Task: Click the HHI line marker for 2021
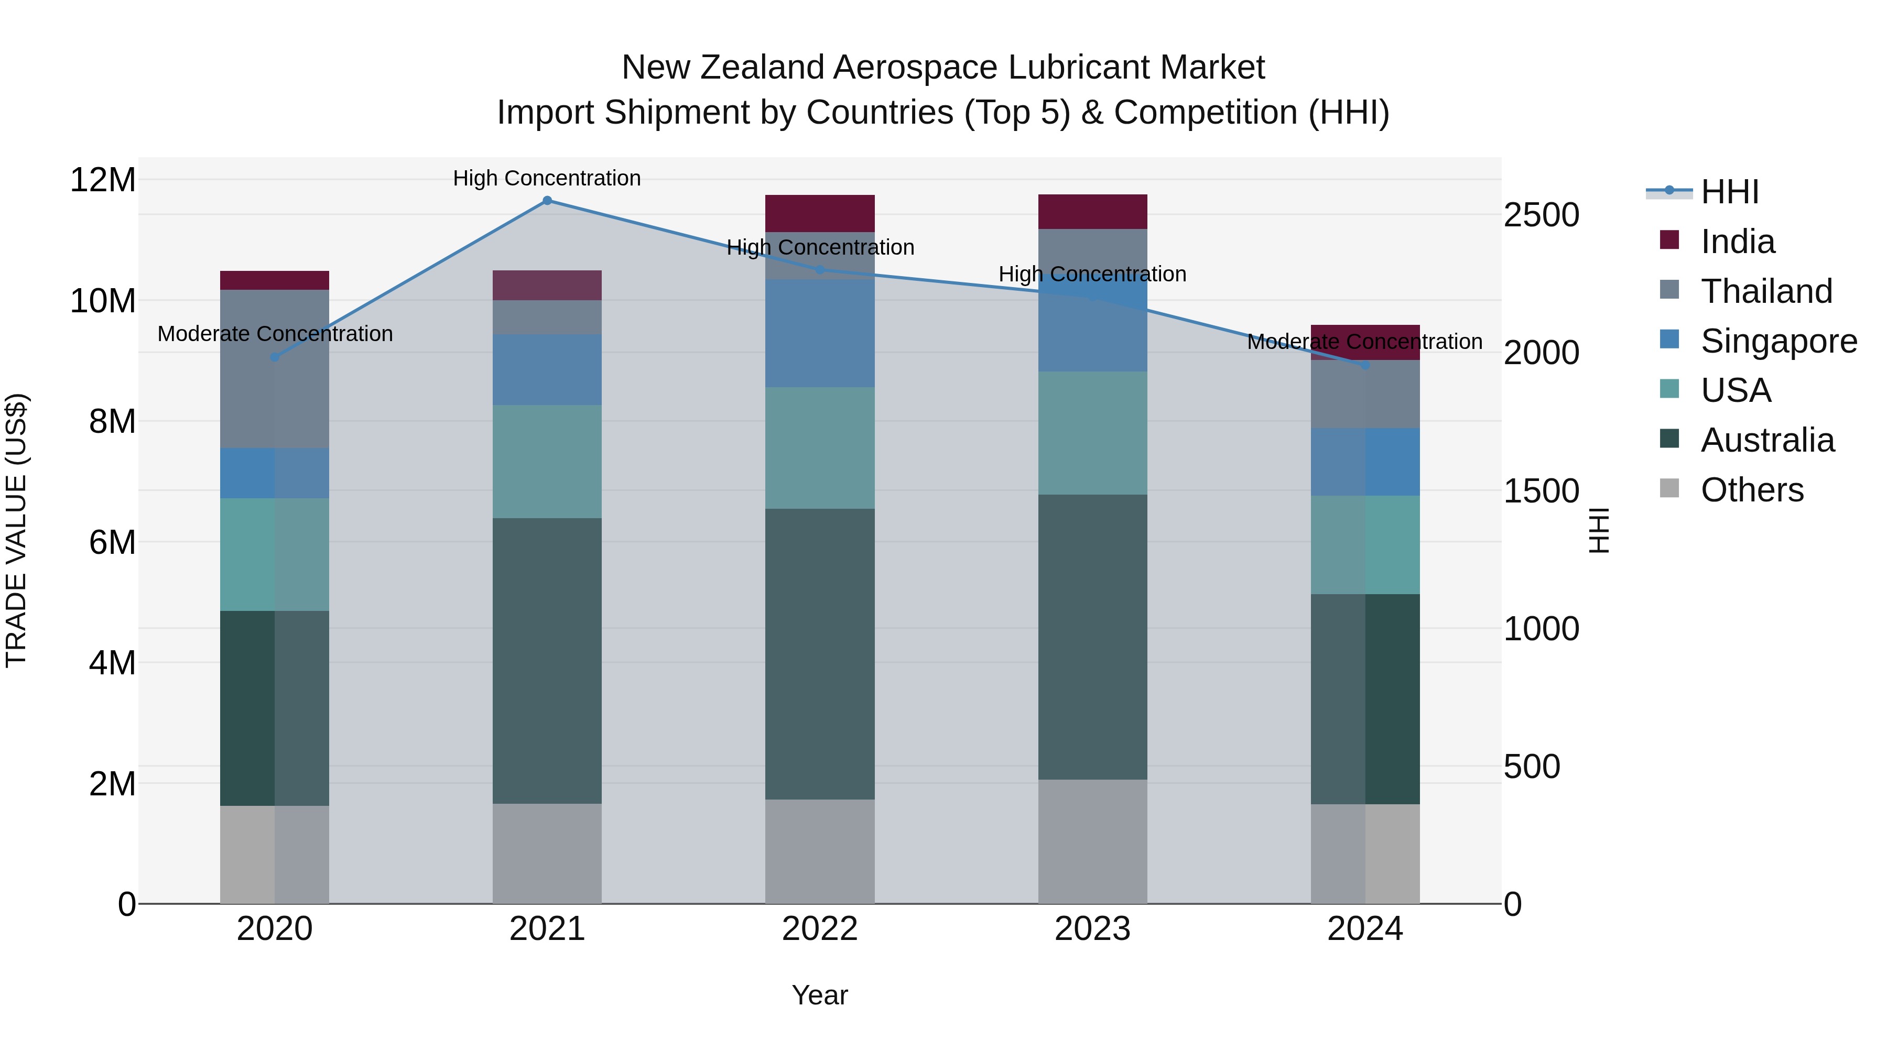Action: (x=547, y=201)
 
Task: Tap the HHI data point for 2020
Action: (x=275, y=357)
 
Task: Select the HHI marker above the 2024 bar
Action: (x=1365, y=365)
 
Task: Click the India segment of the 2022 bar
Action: (x=820, y=213)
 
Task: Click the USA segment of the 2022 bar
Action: (x=820, y=447)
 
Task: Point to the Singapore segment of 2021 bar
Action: (x=547, y=370)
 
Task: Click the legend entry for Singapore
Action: (x=1778, y=341)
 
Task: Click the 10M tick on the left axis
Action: (x=103, y=301)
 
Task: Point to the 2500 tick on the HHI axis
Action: (x=1541, y=215)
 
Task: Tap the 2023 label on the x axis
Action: (x=1092, y=929)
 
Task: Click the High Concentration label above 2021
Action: (x=547, y=178)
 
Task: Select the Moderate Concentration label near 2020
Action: (x=275, y=334)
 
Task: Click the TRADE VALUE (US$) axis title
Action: (x=16, y=530)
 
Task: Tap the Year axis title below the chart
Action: (x=820, y=995)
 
